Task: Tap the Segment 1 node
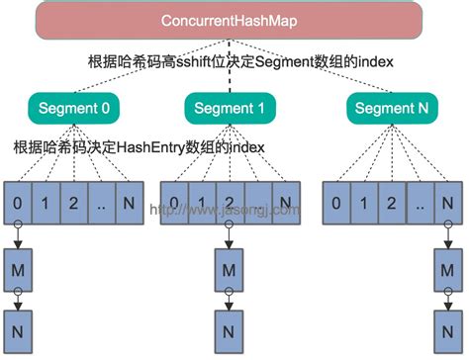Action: coord(228,107)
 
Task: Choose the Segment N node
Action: coord(386,107)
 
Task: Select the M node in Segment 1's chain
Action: coord(228,269)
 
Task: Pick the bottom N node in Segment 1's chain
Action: coord(228,323)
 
